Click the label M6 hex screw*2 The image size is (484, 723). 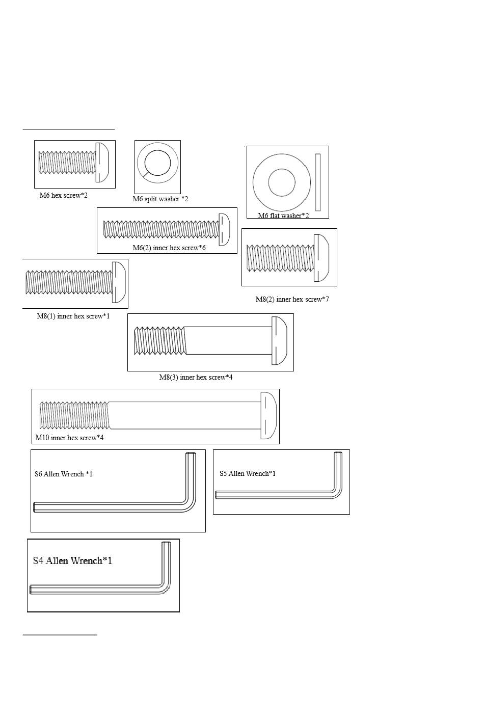64,196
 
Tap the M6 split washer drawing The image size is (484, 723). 157,163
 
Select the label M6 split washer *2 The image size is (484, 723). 160,199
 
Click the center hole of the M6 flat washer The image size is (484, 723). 282,182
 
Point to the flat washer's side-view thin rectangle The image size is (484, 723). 318,182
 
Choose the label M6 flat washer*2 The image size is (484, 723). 283,216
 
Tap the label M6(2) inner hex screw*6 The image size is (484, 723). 169,248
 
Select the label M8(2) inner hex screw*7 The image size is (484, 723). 292,300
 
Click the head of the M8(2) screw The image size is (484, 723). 321,258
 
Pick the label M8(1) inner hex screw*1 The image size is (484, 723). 73,316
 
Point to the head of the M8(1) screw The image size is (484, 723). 119,282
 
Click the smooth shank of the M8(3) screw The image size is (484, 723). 228,340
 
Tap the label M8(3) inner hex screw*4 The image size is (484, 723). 196,378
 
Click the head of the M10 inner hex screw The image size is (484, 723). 268,415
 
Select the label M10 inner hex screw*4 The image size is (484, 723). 69,438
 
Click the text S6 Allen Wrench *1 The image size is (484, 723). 64,474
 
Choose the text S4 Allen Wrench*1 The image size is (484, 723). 72,561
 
